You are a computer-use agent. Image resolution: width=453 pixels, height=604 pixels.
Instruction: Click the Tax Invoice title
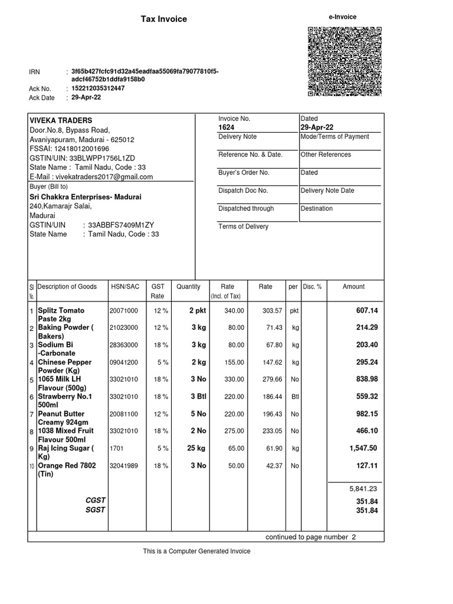coord(163,19)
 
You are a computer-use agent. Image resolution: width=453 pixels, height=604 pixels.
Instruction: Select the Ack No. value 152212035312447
coord(98,88)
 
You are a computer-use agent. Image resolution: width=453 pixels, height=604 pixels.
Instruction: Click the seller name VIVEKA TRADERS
coord(61,120)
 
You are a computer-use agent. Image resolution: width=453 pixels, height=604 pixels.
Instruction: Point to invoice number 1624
coord(226,127)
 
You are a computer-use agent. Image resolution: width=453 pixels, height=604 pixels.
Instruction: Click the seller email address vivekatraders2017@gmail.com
coord(91,177)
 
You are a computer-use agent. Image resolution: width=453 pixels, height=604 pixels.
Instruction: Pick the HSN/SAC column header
coord(125,287)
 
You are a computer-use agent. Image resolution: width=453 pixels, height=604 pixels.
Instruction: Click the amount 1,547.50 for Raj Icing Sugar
coord(362,448)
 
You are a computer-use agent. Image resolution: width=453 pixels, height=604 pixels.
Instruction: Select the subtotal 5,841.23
coord(363,488)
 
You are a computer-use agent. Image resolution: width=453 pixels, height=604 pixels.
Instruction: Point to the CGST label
coord(95,501)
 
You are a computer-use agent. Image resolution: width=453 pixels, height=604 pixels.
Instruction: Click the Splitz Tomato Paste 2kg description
coord(61,314)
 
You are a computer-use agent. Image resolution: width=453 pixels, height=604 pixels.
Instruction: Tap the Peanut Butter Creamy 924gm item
coord(61,418)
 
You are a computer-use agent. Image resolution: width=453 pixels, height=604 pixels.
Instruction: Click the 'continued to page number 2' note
coord(310,537)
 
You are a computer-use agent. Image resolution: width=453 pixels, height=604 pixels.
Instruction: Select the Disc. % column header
coord(312,287)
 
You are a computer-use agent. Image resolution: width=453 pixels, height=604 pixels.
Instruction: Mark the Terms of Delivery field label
coord(243,226)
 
